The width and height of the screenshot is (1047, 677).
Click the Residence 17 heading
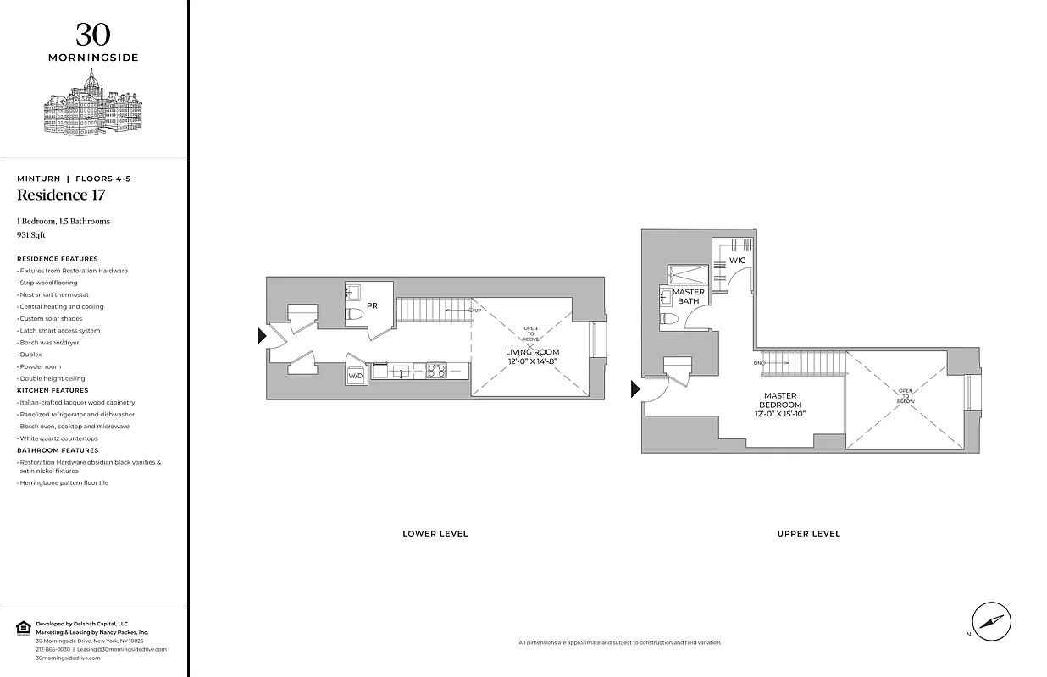[x=61, y=195]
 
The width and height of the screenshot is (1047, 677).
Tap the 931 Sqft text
[x=31, y=234]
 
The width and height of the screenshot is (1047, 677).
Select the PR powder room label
[x=372, y=305]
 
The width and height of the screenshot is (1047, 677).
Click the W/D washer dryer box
[x=356, y=374]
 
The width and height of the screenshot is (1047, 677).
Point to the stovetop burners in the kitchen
[x=436, y=370]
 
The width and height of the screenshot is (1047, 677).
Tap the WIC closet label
[x=738, y=260]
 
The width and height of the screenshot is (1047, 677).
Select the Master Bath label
[x=689, y=296]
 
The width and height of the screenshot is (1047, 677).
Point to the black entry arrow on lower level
[x=262, y=337]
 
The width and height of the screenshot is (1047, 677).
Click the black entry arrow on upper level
[x=635, y=388]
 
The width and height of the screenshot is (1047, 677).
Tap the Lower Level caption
[x=435, y=534]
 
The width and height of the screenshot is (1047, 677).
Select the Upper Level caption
[x=808, y=534]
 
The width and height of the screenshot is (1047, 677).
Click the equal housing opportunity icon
[x=23, y=627]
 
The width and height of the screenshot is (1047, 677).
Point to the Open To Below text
[x=906, y=396]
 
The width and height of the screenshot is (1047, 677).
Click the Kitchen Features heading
[x=53, y=390]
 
